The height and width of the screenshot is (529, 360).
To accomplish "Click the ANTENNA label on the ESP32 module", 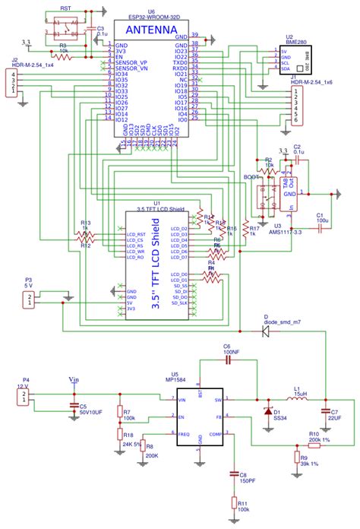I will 149,30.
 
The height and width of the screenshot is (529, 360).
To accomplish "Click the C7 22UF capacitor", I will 325,411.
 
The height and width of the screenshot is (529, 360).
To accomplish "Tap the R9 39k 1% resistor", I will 296,458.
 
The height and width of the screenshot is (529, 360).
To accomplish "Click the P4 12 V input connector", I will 26,396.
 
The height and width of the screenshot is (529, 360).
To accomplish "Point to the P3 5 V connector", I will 29,300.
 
